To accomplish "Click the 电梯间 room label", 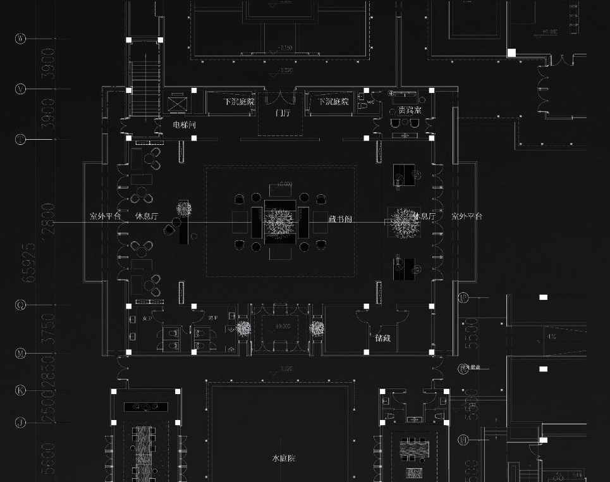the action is pos(185,125).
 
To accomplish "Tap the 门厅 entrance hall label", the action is pos(283,114).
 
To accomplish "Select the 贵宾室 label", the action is pos(410,111).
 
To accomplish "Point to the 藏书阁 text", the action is pos(340,219).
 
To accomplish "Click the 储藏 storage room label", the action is pos(382,338).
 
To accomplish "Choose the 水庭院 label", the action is pos(283,458).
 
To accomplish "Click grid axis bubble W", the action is pos(21,39).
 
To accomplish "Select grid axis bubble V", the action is pos(21,89).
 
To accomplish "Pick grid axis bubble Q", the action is pos(21,305).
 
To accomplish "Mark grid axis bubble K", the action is pos(21,390).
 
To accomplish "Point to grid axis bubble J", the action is pos(21,423).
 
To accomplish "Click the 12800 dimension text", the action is pos(48,219).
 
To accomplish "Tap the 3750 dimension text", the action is pos(48,329).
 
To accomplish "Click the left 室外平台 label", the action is pos(105,216).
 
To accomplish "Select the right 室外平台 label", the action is pos(467,216).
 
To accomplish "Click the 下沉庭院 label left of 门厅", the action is pos(239,102).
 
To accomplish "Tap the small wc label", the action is pos(371,101).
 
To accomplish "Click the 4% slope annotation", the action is pos(552,337).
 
